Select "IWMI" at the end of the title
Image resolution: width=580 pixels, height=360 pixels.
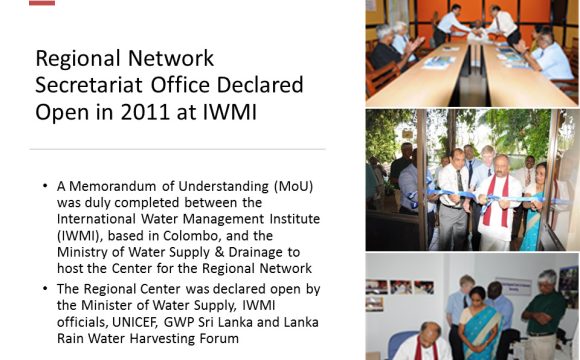pos(229,111)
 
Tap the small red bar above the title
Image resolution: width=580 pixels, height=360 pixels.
pos(41,3)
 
